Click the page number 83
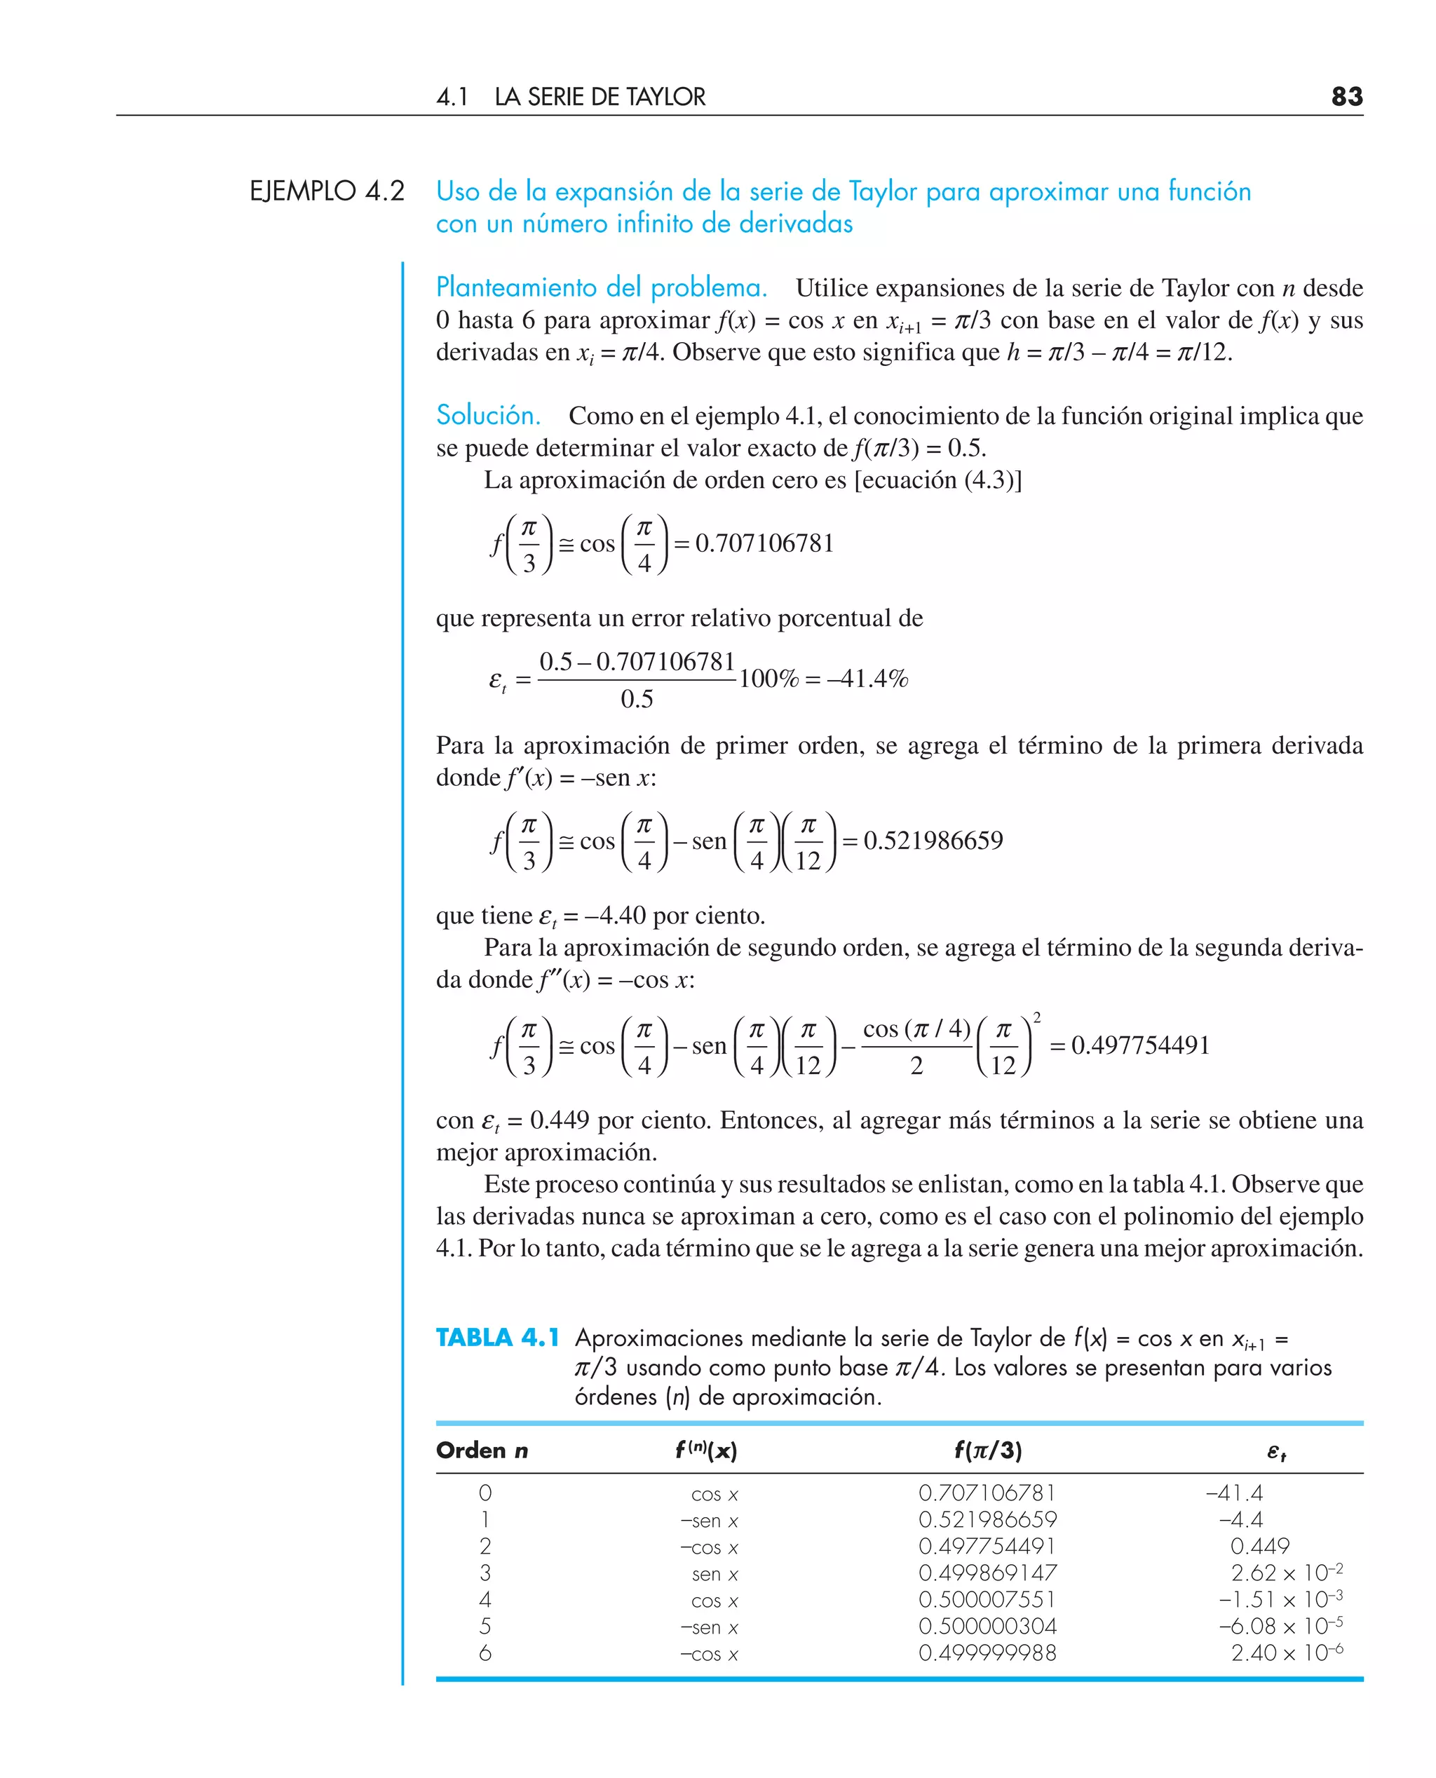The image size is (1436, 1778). click(x=1347, y=97)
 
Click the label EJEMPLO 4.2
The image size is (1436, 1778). click(x=327, y=191)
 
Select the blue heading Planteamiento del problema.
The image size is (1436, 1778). click(x=602, y=287)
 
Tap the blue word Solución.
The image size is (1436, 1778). click(x=488, y=414)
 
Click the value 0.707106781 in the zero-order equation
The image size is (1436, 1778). click(x=764, y=543)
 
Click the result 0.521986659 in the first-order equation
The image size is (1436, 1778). click(x=933, y=840)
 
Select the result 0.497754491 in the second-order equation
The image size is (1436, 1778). click(x=1140, y=1045)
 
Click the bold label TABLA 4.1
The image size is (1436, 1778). click(x=497, y=1337)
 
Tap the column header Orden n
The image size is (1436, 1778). click(x=482, y=1450)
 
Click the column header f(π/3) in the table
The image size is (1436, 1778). click(x=988, y=1450)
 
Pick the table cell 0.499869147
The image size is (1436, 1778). click(x=988, y=1572)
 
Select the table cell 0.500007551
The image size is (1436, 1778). click(x=988, y=1599)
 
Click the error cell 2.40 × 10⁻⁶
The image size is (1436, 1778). click(x=1286, y=1653)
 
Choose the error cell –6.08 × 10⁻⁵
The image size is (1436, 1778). click(x=1280, y=1626)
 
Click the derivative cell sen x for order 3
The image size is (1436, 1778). click(x=714, y=1574)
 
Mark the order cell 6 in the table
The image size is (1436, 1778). click(x=485, y=1653)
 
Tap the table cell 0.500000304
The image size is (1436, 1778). click(x=988, y=1626)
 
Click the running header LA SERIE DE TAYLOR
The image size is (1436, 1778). click(x=600, y=97)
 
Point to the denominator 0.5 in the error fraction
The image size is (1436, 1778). click(x=636, y=700)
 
